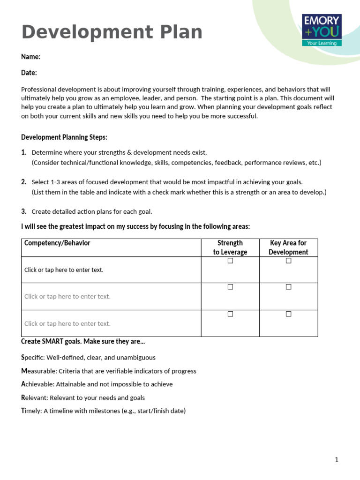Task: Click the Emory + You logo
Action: pyautogui.click(x=322, y=30)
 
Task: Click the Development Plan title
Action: pyautogui.click(x=112, y=32)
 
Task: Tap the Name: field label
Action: pyautogui.click(x=30, y=57)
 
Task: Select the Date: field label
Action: pyautogui.click(x=29, y=73)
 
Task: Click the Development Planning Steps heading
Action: pyautogui.click(x=64, y=137)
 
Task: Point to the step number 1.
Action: pyautogui.click(x=23, y=152)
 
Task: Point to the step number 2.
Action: pyautogui.click(x=23, y=182)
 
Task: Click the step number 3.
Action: pyautogui.click(x=23, y=211)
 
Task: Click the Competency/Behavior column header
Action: pyautogui.click(x=57, y=243)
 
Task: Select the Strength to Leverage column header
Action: pyautogui.click(x=230, y=247)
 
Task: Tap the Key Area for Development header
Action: pyautogui.click(x=288, y=247)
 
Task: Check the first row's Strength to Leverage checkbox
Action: pyautogui.click(x=230, y=261)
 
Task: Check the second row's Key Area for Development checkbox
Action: pyautogui.click(x=289, y=287)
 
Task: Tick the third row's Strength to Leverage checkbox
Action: pyautogui.click(x=230, y=314)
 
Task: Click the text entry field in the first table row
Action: pyautogui.click(x=64, y=270)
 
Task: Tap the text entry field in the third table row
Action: pyautogui.click(x=67, y=323)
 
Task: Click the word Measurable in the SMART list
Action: pyautogui.click(x=38, y=371)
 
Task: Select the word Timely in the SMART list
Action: pyautogui.click(x=31, y=411)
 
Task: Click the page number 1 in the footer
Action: pyautogui.click(x=337, y=460)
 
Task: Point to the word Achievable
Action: pyautogui.click(x=37, y=384)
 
